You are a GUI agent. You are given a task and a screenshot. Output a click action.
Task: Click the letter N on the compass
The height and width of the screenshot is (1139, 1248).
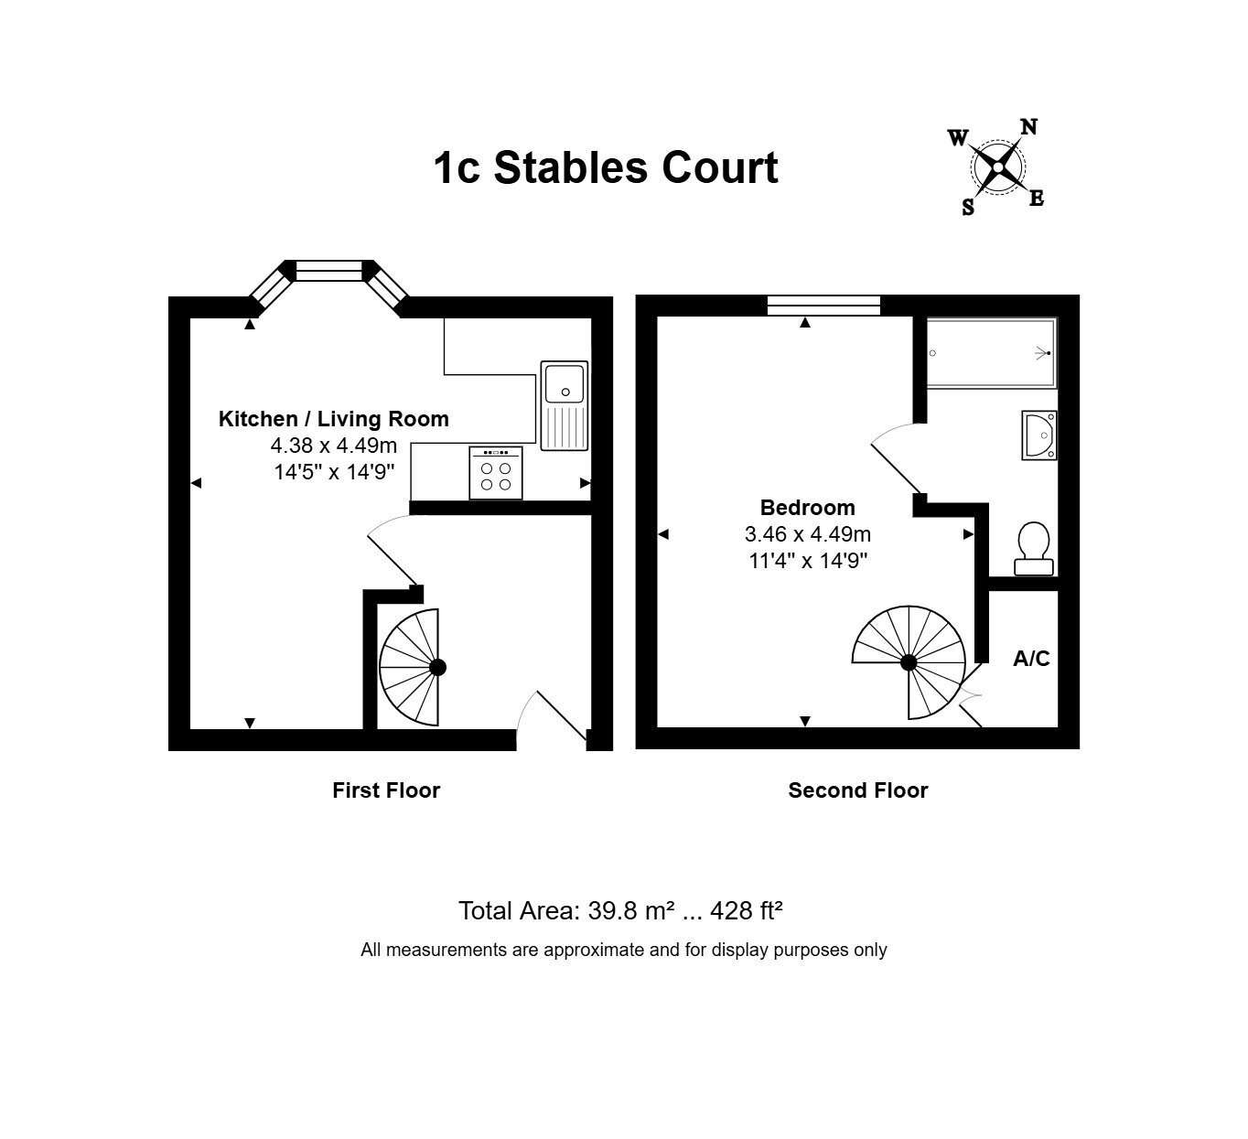tap(1029, 127)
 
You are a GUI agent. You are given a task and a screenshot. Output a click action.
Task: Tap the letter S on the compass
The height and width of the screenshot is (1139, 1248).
tap(968, 207)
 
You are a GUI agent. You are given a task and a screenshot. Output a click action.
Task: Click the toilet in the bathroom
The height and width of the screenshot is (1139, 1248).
tap(1033, 549)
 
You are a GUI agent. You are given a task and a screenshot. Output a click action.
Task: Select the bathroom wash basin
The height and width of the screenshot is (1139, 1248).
tap(1039, 435)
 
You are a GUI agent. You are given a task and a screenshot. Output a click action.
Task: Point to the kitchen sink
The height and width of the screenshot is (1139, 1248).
tap(565, 405)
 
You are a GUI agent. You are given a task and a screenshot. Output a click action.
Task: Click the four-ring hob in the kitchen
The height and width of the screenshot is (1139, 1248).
tap(496, 473)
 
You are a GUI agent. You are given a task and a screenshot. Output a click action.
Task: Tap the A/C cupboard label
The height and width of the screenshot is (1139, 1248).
tap(1031, 658)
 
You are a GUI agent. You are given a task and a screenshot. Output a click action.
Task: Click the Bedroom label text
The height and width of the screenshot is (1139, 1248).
tap(808, 508)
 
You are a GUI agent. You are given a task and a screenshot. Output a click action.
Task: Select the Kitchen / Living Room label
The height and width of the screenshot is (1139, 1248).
tap(333, 419)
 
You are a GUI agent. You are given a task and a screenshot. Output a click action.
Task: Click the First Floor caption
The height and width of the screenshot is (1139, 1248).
tap(386, 790)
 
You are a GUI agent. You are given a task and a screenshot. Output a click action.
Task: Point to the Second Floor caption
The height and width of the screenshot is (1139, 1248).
tap(858, 790)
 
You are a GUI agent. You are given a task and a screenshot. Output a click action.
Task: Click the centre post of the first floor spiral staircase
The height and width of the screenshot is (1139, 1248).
tap(438, 668)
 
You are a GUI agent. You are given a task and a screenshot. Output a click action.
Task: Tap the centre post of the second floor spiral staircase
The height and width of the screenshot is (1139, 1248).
tap(909, 663)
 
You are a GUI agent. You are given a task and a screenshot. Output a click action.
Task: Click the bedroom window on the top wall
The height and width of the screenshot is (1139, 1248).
tap(823, 306)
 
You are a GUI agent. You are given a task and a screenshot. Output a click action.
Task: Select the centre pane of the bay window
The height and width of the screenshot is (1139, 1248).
tap(328, 271)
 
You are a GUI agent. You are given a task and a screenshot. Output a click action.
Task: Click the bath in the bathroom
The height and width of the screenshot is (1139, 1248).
tap(992, 353)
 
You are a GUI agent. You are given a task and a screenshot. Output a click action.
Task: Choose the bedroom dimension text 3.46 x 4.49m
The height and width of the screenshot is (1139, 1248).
tap(808, 534)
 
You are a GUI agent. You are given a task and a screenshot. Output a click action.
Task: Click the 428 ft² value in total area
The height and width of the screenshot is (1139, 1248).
tap(746, 910)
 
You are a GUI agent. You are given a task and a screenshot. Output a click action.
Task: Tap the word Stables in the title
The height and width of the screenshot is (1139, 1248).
tap(571, 168)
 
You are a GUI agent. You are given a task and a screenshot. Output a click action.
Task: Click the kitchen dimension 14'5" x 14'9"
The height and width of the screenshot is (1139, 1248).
tap(334, 472)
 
